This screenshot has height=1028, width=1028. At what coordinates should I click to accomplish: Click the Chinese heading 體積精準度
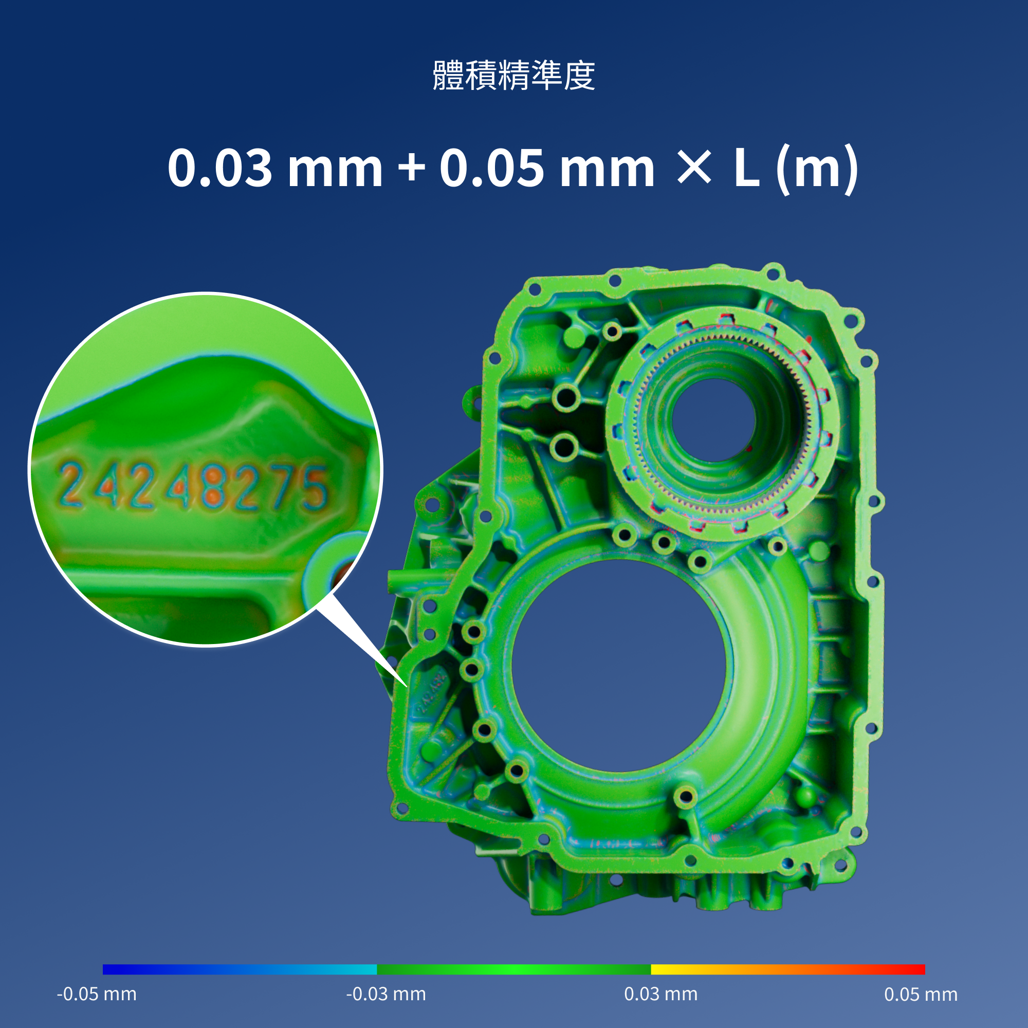[x=513, y=75]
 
